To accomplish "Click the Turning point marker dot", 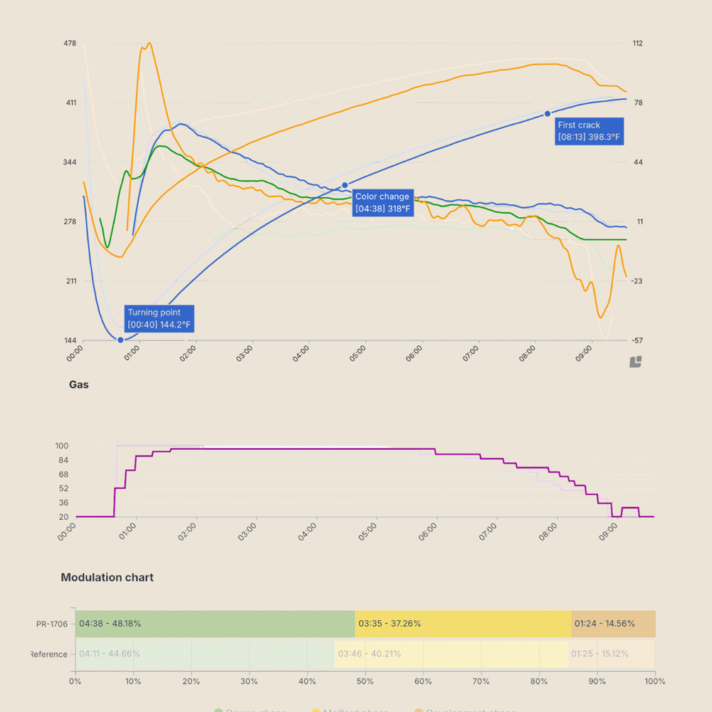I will [120, 340].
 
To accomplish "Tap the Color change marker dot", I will [345, 185].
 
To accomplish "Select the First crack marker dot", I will [548, 114].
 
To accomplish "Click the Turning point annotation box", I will [159, 318].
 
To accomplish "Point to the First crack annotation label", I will [589, 131].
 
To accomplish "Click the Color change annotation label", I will [382, 203].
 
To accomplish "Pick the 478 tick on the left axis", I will [70, 43].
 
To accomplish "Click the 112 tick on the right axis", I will [637, 43].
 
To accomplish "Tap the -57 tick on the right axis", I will [637, 340].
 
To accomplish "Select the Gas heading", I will [79, 384].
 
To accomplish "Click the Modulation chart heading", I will [107, 577].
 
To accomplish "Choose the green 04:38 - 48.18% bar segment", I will [215, 624].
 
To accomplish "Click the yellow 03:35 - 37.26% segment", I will [463, 624].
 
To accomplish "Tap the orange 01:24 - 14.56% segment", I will [613, 624].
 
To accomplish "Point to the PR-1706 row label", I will [52, 624].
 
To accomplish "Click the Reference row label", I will [49, 654].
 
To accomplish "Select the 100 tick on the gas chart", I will [61, 446].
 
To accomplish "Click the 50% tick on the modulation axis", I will [365, 681].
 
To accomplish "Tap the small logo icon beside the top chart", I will [636, 362].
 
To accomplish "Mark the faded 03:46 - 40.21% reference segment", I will [451, 654].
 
